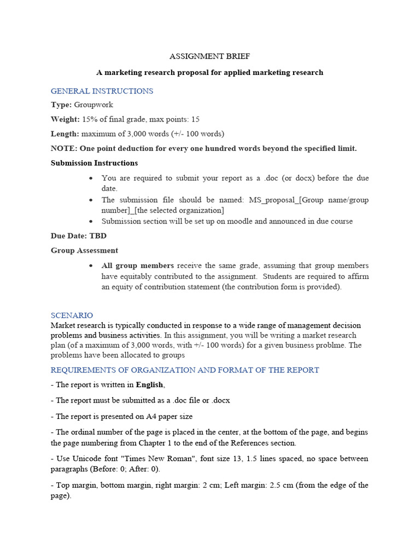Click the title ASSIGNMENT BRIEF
click(209, 56)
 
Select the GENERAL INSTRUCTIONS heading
click(102, 91)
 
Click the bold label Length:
click(65, 133)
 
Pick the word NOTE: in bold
click(64, 148)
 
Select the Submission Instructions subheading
click(94, 163)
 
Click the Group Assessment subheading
click(84, 250)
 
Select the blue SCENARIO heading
click(72, 316)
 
